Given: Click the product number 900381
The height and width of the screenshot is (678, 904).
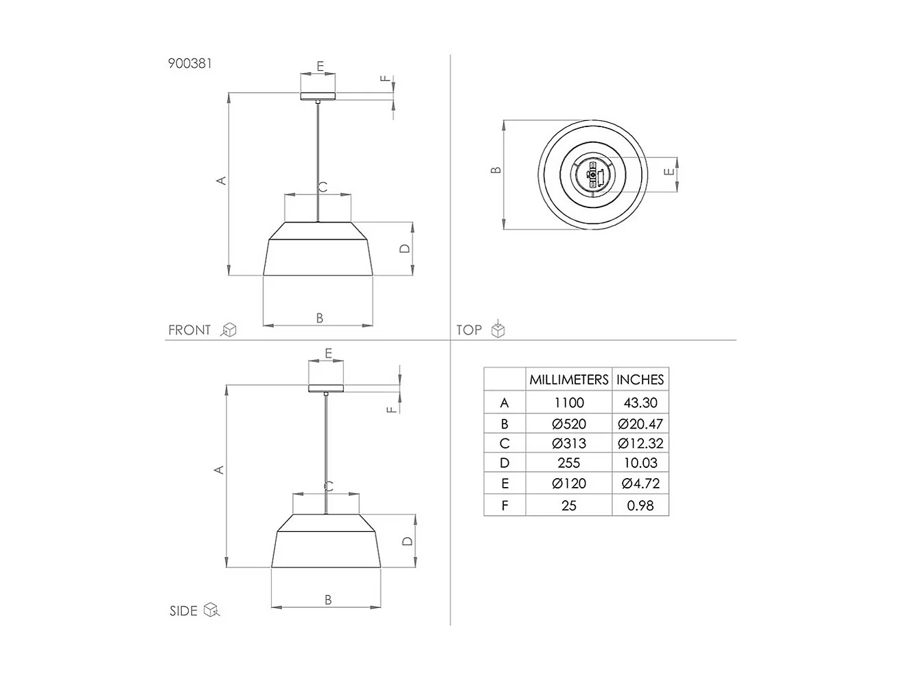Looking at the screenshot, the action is click(190, 63).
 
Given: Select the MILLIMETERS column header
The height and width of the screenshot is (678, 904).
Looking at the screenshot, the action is click(569, 380).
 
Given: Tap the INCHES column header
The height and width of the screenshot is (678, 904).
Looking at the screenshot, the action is click(640, 380).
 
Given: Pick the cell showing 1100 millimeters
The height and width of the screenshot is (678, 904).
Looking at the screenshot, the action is click(569, 403).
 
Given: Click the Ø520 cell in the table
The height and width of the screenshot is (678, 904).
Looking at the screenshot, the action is click(569, 424).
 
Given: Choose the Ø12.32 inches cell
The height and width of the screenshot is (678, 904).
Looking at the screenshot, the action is click(640, 444).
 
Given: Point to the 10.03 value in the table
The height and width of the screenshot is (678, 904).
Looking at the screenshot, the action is click(640, 463).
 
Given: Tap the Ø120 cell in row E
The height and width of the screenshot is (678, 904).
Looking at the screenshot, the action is click(569, 483).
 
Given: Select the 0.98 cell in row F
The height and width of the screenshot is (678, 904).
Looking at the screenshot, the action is click(640, 506).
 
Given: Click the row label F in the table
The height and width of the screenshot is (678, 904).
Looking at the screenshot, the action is click(505, 506).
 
